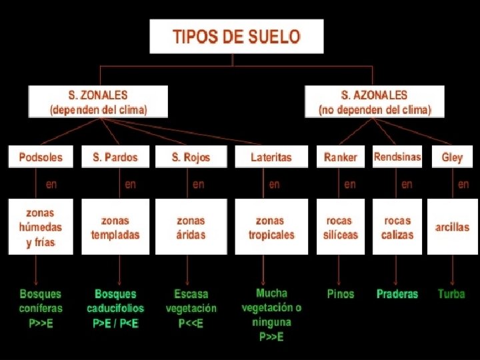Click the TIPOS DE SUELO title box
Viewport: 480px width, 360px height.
point(237,36)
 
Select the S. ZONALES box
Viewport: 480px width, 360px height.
point(98,102)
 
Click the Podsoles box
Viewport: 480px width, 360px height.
point(41,157)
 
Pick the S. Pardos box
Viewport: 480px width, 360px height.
point(115,157)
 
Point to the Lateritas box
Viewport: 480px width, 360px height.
point(271,157)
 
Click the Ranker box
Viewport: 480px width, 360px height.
point(341,157)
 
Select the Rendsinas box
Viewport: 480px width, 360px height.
point(397,157)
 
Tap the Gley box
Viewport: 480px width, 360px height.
point(452,157)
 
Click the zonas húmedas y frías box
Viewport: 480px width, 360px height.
point(41,227)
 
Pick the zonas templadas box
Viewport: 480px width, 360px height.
point(115,227)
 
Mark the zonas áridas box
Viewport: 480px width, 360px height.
point(191,227)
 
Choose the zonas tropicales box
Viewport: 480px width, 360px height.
point(271,227)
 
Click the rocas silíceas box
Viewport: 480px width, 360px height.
point(341,227)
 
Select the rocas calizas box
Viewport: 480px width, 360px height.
point(397,227)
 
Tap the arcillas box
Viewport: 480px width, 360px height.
point(452,227)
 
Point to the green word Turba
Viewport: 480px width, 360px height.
point(451,294)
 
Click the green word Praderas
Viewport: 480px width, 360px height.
point(397,294)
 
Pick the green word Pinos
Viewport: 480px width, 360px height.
point(341,294)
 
